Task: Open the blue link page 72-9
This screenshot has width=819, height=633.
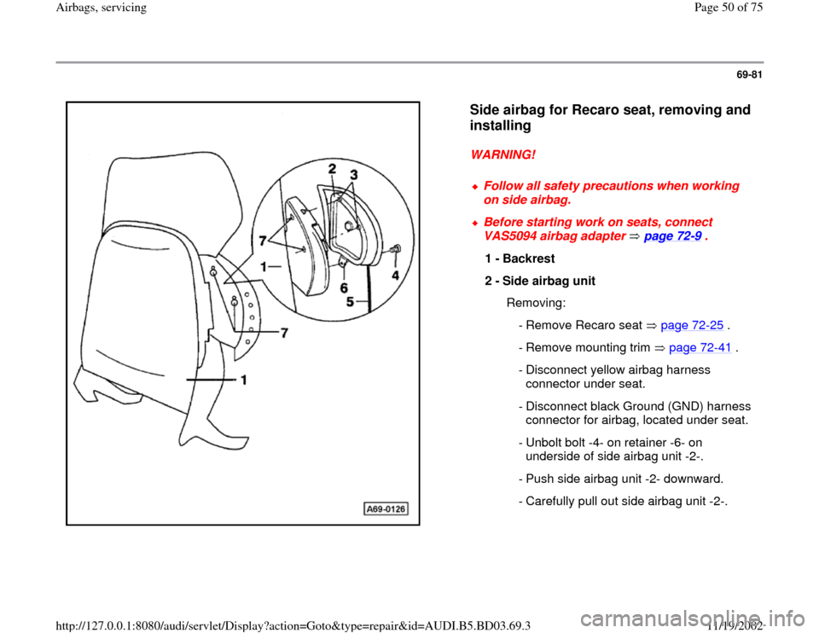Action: [x=672, y=236]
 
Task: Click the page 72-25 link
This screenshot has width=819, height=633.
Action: [x=692, y=325]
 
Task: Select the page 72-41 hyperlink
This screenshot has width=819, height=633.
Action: [x=700, y=348]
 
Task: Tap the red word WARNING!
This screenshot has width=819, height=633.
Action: [x=503, y=155]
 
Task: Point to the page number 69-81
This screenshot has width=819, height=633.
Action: [x=749, y=75]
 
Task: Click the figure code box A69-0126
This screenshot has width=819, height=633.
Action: [x=386, y=508]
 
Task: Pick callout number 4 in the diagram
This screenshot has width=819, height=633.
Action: [x=395, y=276]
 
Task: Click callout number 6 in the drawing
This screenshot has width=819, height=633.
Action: [x=344, y=287]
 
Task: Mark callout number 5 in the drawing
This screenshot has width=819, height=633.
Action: [x=350, y=302]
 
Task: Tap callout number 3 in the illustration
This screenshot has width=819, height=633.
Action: [x=353, y=174]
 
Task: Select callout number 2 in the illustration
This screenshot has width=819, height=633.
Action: [x=332, y=168]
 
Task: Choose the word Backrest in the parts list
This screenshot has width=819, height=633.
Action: [x=529, y=258]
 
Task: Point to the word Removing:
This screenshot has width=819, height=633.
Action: [x=537, y=304]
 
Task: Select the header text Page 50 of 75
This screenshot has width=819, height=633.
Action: [x=728, y=8]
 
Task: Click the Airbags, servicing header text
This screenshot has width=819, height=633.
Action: [x=102, y=8]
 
